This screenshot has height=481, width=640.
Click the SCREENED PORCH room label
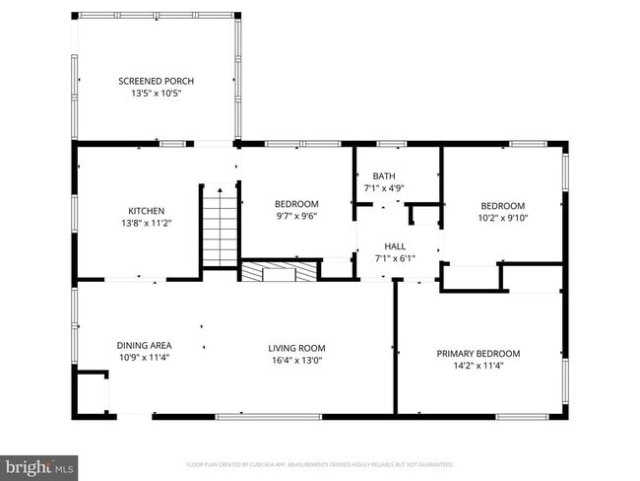click(x=156, y=81)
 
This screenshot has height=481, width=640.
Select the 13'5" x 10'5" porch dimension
click(x=156, y=93)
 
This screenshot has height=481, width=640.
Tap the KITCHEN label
click(x=146, y=211)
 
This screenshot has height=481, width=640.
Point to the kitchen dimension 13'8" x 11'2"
click(x=146, y=223)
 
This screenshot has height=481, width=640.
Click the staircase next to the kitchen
click(x=220, y=227)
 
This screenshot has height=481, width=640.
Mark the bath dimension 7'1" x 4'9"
click(x=383, y=187)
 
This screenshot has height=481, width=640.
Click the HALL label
click(x=396, y=246)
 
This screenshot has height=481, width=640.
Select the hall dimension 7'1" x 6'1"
click(x=396, y=258)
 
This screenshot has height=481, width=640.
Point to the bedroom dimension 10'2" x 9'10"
click(x=503, y=218)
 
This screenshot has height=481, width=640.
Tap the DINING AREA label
click(x=145, y=345)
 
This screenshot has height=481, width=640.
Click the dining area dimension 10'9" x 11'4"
click(x=145, y=357)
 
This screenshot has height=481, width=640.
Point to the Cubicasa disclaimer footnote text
click(x=319, y=463)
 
